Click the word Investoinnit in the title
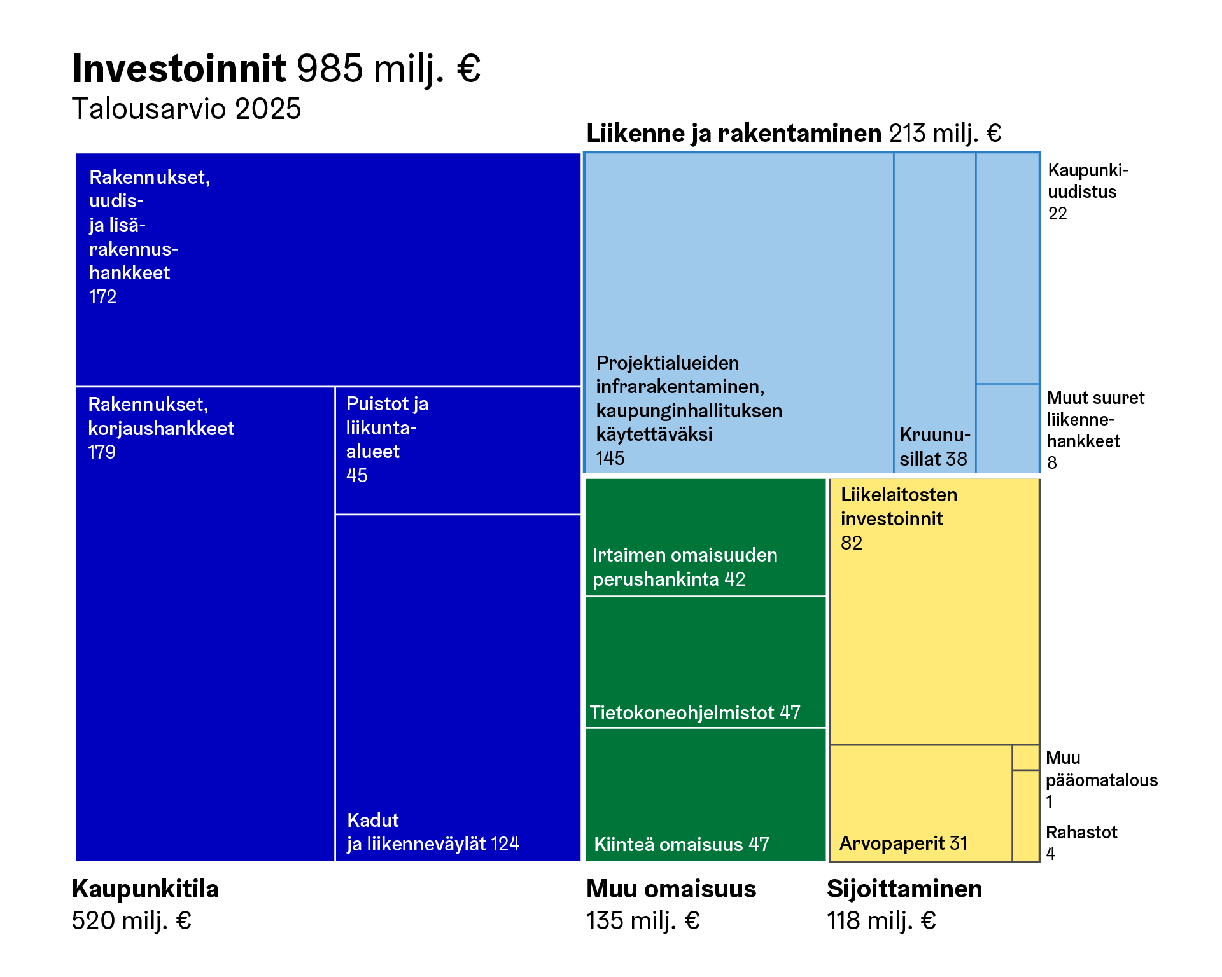179,68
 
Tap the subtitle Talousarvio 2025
186,109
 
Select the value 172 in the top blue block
102,297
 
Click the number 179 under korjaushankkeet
102,452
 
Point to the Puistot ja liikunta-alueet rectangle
458,450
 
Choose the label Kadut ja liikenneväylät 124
433,832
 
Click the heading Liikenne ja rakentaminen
733,134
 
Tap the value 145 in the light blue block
610,458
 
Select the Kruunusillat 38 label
934,447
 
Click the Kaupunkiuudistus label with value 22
1087,191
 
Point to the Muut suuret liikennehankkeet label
1095,430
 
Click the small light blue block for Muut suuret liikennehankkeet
1008,428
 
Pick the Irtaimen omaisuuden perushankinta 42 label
684,567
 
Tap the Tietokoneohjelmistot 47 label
695,713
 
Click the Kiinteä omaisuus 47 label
682,845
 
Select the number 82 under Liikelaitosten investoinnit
852,543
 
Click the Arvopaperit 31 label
903,843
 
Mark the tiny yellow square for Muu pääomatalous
1025,758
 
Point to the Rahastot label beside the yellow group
1081,833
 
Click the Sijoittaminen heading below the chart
904,889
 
